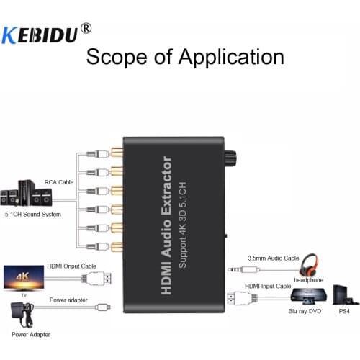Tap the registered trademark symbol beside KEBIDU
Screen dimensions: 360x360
pos(86,28)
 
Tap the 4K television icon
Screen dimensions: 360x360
pos(22,276)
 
